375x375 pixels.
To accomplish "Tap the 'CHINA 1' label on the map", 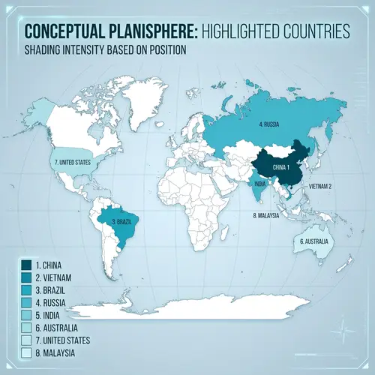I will pos(281,166).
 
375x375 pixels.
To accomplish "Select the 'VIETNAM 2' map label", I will pos(319,185).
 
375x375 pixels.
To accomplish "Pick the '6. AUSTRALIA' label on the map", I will pos(315,241).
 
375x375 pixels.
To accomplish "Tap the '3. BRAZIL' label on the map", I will pos(123,222).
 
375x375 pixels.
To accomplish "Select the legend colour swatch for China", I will pos(25,264).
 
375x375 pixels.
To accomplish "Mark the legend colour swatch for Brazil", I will pos(25,289).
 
